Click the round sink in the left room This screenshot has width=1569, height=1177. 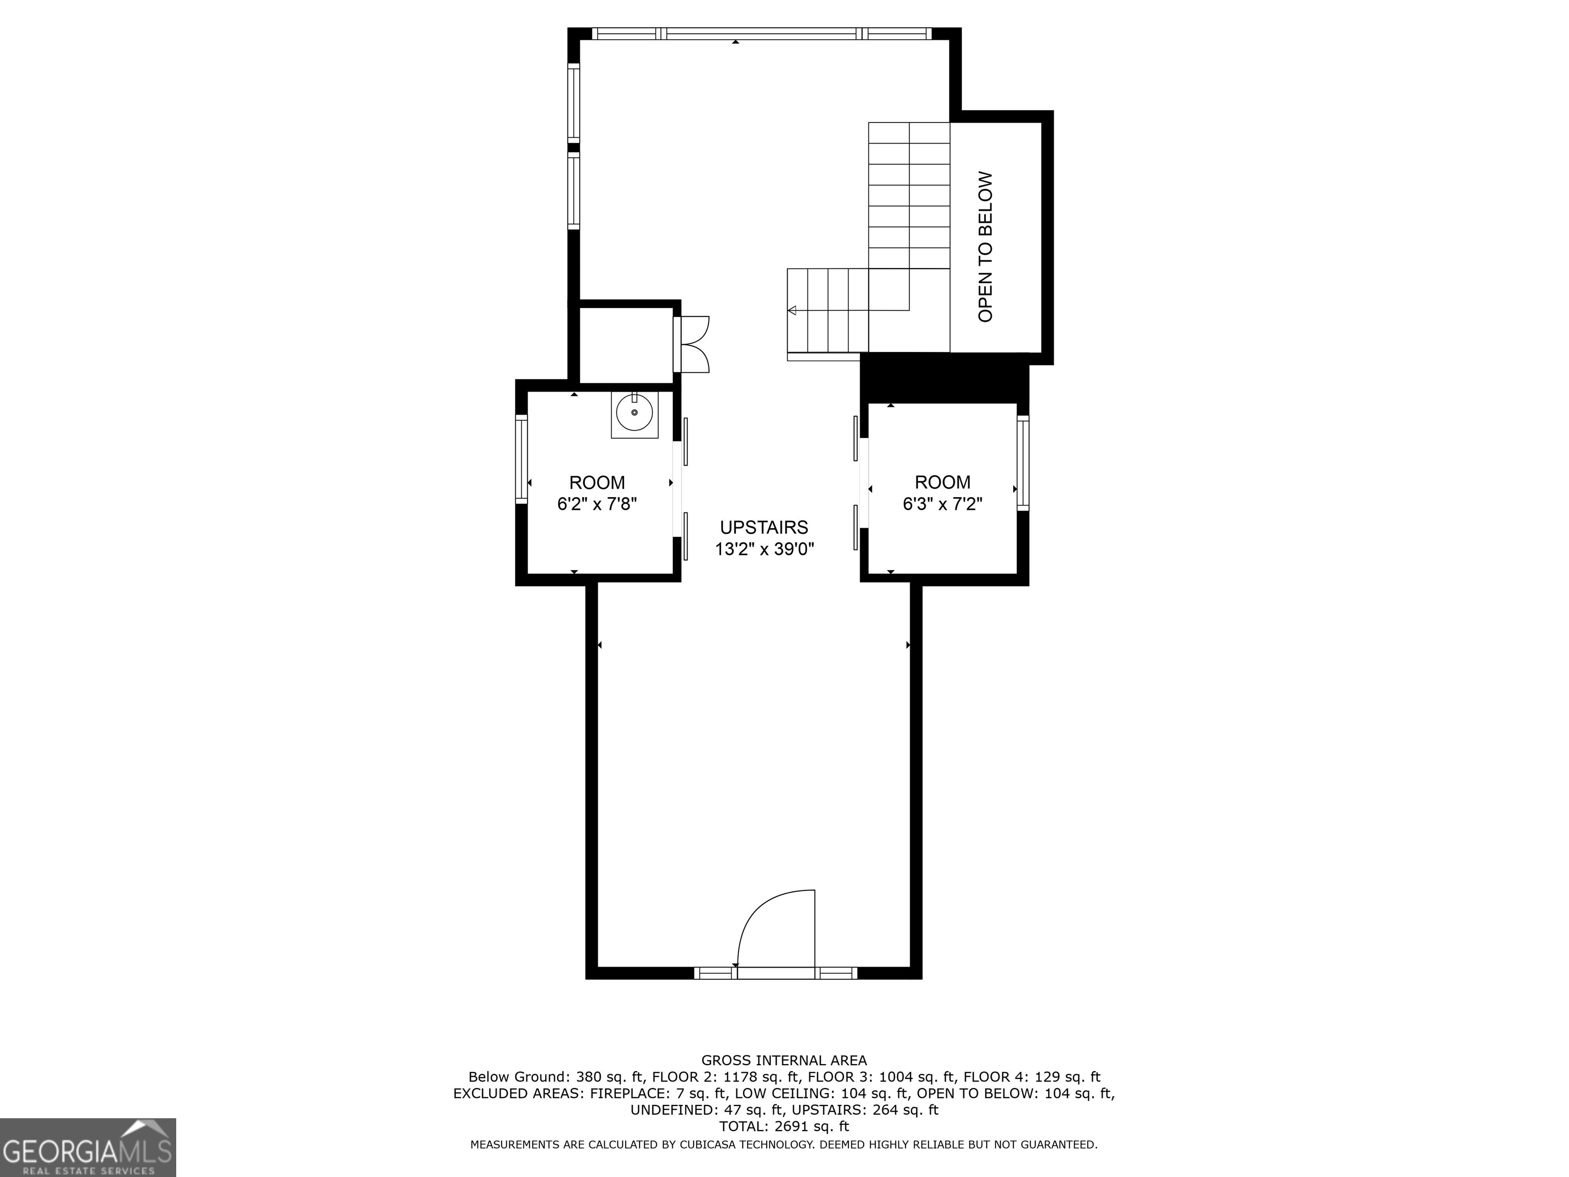pos(634,412)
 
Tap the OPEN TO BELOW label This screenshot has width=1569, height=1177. pos(985,246)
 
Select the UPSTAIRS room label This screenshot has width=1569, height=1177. pos(764,527)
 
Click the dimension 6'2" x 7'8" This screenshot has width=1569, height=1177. pos(597,504)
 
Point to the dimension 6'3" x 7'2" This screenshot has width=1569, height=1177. pos(942,504)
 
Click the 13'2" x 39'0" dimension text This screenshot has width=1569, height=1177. pos(764,549)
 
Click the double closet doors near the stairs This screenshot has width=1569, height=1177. pos(694,344)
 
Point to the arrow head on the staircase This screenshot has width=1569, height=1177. pos(792,311)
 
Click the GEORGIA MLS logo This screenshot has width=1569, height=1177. pos(87,1147)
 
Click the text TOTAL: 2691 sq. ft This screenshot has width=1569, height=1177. pos(784,1126)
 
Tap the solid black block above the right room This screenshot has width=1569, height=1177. pos(943,378)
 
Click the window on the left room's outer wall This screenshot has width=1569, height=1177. pos(521,460)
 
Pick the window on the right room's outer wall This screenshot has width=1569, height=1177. pos(1023,462)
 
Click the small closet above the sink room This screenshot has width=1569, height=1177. pos(626,345)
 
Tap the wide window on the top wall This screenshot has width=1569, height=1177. pos(761,33)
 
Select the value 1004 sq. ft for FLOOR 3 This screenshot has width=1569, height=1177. pos(917,1077)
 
